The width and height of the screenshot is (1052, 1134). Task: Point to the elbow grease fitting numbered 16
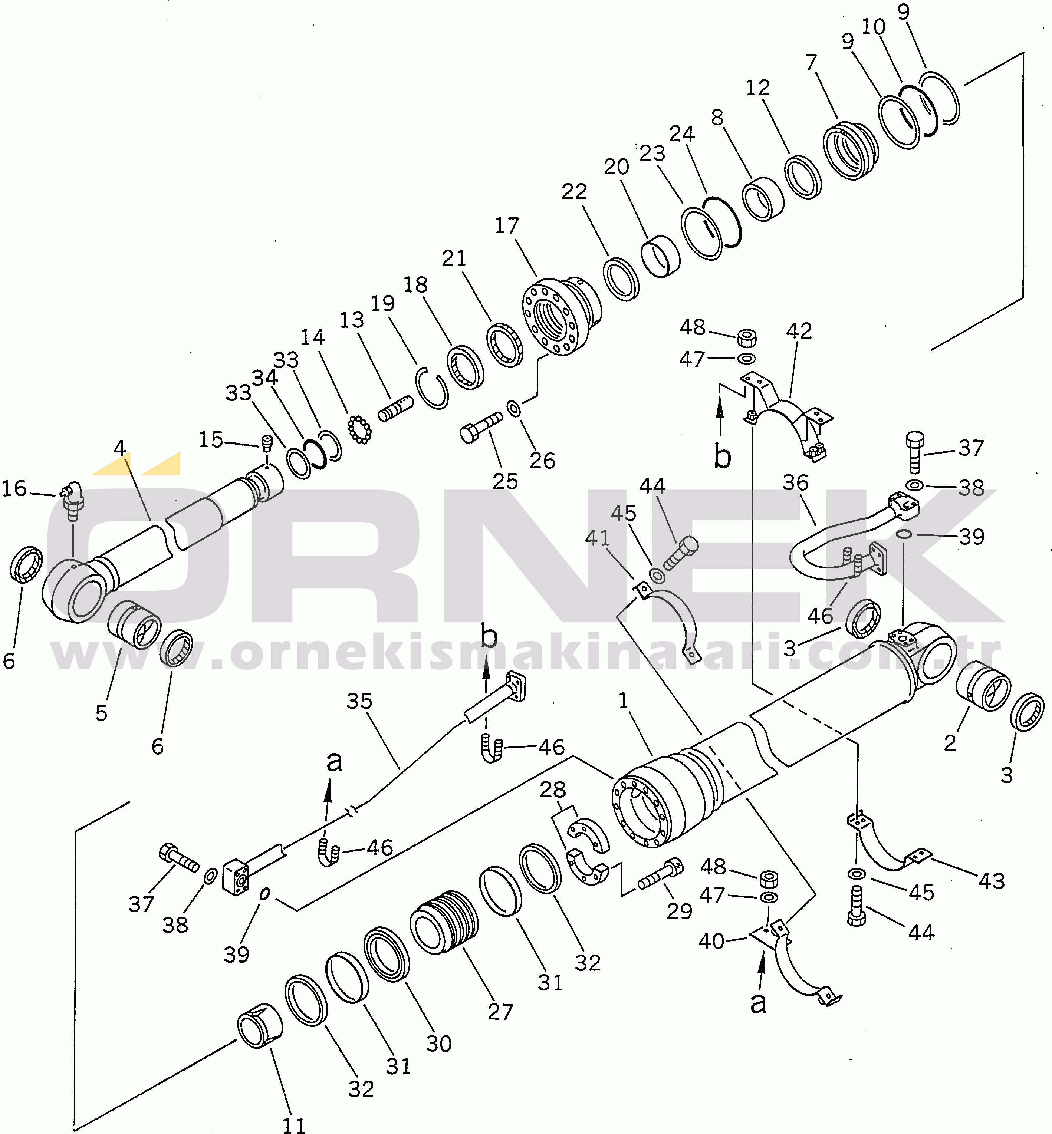pos(72,500)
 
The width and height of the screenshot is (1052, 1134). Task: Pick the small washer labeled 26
pos(513,408)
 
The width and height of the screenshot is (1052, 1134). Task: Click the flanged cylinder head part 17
pos(561,316)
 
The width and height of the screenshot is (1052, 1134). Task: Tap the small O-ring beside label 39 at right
pos(903,533)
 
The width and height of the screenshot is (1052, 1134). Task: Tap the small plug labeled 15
pos(266,443)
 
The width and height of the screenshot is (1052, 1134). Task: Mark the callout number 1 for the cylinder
pos(623,700)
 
